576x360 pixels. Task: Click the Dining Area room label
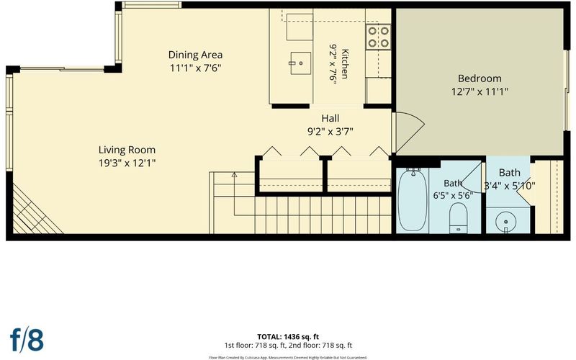click(195, 55)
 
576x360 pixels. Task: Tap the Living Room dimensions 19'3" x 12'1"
click(127, 163)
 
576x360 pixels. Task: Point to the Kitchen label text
click(345, 63)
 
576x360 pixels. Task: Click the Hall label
click(330, 118)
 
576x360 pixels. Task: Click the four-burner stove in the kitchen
click(379, 37)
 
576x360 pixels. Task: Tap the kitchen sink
click(300, 63)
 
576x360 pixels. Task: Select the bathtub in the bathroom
click(413, 199)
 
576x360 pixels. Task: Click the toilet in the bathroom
click(458, 218)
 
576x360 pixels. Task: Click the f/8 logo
click(27, 340)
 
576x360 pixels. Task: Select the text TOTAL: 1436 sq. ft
click(288, 337)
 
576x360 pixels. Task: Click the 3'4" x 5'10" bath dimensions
click(509, 186)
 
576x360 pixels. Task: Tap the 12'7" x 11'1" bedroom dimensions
click(480, 91)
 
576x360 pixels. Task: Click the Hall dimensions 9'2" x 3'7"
click(330, 132)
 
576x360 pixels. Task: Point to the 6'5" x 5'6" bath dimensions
click(453, 195)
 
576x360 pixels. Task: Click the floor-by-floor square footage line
click(288, 346)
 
